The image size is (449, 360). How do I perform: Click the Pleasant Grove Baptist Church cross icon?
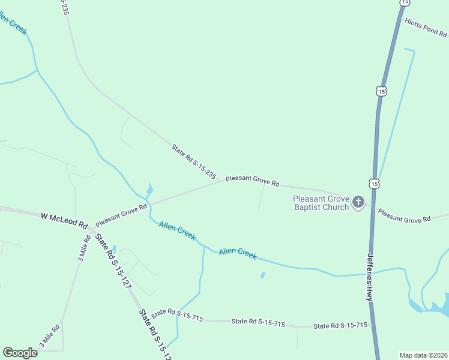pos(358,202)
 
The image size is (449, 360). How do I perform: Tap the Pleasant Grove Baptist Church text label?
pos(321,203)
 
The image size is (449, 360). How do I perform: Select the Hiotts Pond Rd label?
pos(426,27)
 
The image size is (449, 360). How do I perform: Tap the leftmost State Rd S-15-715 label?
pos(176,315)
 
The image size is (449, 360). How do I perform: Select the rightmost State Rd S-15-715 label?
pos(340,326)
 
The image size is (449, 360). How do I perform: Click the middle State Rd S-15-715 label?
pos(258,323)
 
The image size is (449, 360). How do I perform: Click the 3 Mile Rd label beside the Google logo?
pos(49,337)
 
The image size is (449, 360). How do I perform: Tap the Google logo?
pos(20,353)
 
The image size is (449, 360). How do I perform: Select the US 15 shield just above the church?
pos(375,183)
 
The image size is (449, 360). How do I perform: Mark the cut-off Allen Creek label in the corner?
pos(13,24)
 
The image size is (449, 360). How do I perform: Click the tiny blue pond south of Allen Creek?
pos(263,275)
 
